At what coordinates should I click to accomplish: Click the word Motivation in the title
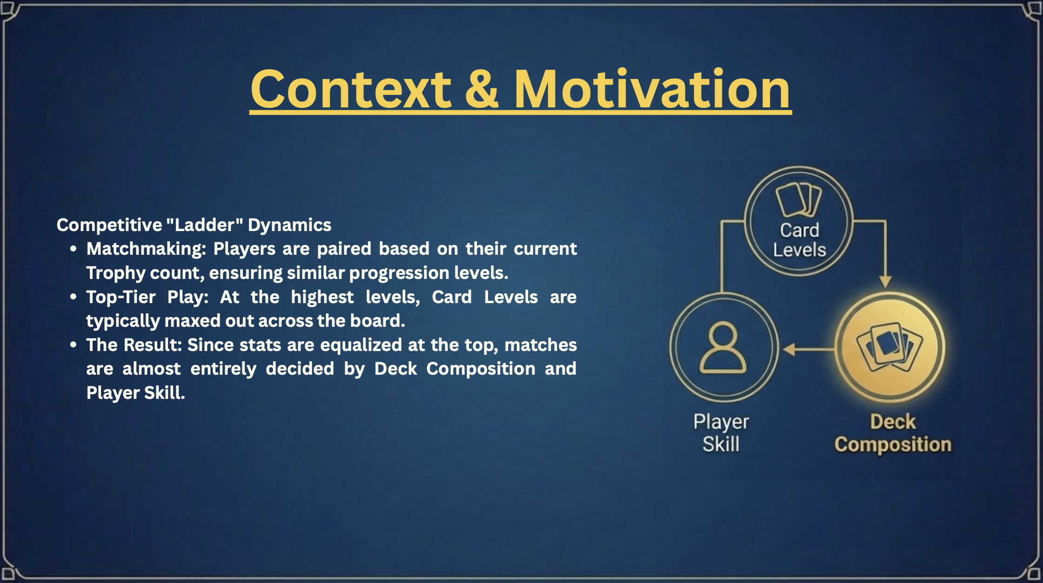652,89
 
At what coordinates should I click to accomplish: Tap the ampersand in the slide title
481,89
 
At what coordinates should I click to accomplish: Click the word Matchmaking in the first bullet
146,249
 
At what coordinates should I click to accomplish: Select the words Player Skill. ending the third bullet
136,393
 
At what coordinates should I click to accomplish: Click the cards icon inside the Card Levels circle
799,200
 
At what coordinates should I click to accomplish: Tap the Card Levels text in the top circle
799,240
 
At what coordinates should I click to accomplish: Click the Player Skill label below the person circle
721,433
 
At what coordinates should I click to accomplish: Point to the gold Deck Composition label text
893,433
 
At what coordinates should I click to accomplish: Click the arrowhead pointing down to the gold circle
885,282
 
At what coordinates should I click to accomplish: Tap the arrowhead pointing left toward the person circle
789,349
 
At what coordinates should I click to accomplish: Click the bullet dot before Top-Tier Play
73,297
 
